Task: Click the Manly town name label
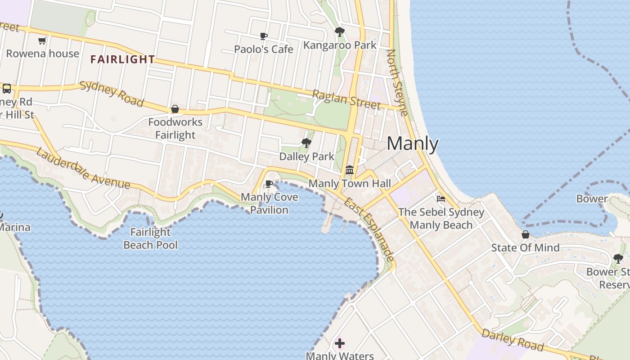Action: tap(412, 144)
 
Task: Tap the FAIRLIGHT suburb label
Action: tap(122, 59)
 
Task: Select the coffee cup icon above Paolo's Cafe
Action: tap(264, 36)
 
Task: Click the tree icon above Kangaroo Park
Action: tap(340, 32)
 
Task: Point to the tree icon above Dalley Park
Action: tap(306, 143)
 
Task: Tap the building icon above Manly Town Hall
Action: tap(350, 170)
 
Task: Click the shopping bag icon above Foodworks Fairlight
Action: tap(175, 109)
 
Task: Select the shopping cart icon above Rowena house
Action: tap(42, 41)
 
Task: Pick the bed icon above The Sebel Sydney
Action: tap(441, 198)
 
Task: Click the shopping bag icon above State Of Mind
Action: tap(525, 234)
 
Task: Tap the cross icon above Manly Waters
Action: tap(340, 343)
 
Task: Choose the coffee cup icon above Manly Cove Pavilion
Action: tap(269, 184)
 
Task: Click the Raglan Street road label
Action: tap(346, 99)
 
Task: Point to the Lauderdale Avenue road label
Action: tap(83, 168)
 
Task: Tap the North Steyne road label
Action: tap(397, 83)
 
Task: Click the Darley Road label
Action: tap(512, 339)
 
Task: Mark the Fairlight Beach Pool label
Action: tap(150, 238)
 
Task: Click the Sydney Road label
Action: tap(112, 94)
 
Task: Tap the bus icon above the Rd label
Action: tap(7, 88)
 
